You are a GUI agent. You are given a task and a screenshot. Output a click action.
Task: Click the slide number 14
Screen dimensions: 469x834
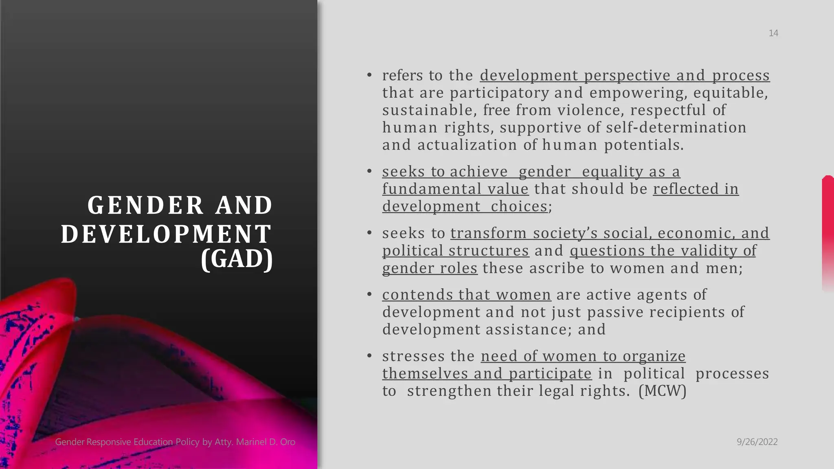[773, 33]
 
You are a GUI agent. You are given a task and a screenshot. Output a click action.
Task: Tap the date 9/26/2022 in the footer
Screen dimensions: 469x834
[757, 442]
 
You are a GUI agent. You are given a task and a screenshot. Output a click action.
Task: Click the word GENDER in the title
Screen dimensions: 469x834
[145, 205]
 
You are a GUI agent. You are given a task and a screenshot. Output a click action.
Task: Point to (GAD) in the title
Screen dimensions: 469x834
[237, 259]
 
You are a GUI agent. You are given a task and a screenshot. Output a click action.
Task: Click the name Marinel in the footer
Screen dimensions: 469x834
[252, 442]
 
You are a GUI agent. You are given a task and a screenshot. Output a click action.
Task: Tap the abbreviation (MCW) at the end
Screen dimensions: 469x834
[663, 391]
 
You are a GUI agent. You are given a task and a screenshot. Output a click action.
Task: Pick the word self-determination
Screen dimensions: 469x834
[676, 128]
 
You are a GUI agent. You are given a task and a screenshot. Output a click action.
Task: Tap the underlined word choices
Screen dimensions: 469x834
[519, 206]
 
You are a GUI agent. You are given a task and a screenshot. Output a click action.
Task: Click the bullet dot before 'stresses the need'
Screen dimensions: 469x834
[369, 356]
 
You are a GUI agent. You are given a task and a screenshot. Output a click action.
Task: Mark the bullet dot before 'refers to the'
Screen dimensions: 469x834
[369, 75]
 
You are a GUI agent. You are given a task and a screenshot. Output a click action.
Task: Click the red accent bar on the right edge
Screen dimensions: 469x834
[828, 232]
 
